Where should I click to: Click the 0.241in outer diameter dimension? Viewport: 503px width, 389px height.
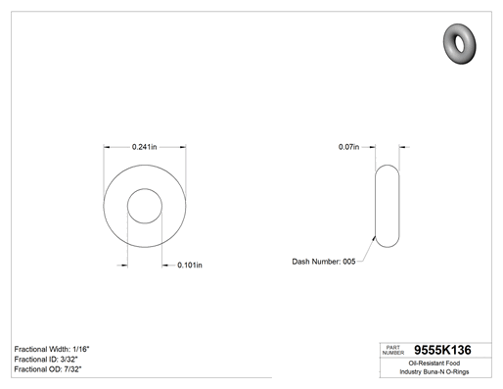coord(144,147)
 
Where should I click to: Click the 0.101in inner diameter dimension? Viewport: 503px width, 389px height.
coord(190,265)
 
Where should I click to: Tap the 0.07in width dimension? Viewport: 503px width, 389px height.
coord(348,147)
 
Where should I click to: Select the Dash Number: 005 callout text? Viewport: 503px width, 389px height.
coord(324,262)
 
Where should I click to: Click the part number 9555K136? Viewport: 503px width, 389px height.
coord(442,350)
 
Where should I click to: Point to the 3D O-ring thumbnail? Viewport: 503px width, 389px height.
coord(460,44)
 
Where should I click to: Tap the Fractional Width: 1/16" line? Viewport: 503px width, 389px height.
coord(52,349)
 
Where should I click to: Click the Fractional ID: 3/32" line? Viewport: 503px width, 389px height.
coord(46,360)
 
